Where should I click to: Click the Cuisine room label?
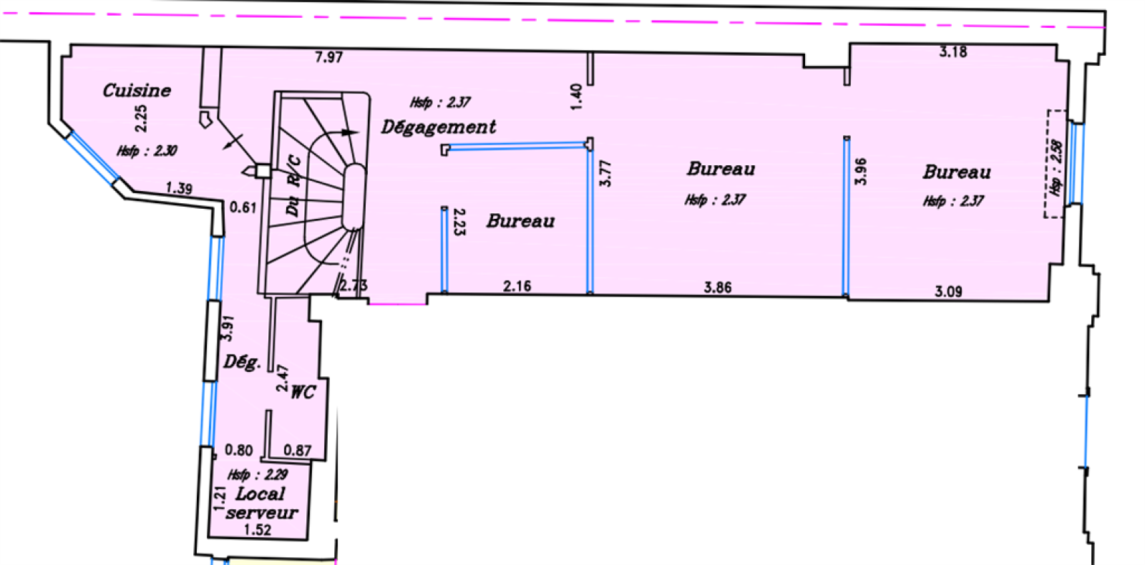(x=137, y=91)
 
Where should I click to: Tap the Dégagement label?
(x=438, y=127)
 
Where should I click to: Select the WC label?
(x=303, y=392)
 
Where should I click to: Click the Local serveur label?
(x=261, y=503)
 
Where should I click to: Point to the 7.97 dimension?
(x=328, y=57)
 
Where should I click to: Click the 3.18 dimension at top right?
(x=953, y=51)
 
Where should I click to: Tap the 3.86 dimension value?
(x=717, y=288)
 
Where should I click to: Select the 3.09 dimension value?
(x=948, y=291)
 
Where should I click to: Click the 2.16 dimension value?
(x=517, y=286)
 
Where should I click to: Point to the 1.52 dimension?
(x=258, y=530)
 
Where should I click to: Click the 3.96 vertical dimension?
(x=861, y=171)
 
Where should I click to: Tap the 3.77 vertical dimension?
(x=605, y=173)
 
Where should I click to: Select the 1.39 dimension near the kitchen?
(x=179, y=189)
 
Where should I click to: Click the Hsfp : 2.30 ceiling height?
(x=147, y=151)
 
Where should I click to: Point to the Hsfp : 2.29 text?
(x=258, y=475)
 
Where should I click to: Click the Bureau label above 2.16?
(x=520, y=221)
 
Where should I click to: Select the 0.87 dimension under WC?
(x=298, y=451)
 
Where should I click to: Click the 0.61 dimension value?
(x=243, y=207)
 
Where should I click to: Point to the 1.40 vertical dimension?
(x=576, y=97)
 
